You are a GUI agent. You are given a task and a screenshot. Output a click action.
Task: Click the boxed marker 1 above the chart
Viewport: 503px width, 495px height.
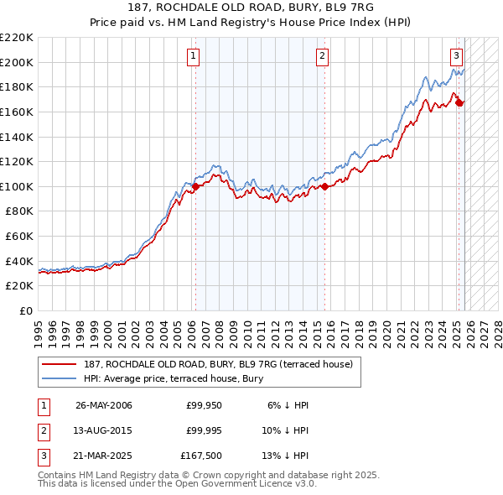[x=193, y=56]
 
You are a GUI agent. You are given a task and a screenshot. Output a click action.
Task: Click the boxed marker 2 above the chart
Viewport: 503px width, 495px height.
[x=322, y=56]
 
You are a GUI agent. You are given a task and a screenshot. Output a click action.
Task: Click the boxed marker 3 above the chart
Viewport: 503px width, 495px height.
[x=456, y=56]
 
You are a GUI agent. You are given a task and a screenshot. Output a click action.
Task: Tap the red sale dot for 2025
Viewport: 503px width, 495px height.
[x=459, y=102]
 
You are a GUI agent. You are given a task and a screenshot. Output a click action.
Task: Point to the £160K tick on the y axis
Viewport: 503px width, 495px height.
[x=17, y=112]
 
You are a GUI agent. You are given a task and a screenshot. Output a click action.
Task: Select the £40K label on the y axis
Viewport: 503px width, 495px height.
[x=19, y=261]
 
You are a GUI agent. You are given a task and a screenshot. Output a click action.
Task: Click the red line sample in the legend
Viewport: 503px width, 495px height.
[x=60, y=363]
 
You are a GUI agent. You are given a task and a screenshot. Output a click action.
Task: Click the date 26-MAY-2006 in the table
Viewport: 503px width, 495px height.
[x=103, y=405]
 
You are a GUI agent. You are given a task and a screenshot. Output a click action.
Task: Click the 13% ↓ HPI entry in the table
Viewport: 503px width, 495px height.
[x=285, y=457]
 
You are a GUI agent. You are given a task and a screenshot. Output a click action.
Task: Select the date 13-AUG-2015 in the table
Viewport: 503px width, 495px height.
[x=103, y=431]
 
